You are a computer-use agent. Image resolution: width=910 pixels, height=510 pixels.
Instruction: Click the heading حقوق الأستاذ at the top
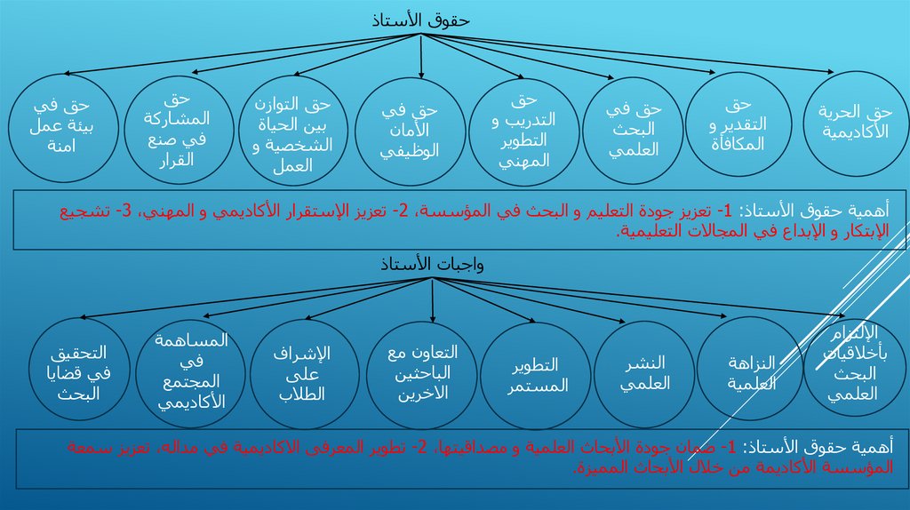(421, 20)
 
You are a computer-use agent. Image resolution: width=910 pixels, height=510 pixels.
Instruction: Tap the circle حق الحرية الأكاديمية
(856, 123)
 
